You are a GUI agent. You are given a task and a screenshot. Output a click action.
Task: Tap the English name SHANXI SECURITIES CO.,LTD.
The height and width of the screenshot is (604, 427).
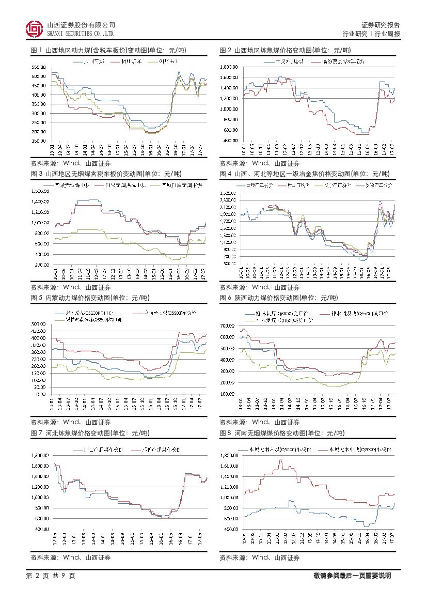pyautogui.click(x=81, y=34)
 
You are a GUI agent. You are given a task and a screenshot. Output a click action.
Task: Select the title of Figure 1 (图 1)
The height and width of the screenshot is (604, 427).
pyautogui.click(x=108, y=51)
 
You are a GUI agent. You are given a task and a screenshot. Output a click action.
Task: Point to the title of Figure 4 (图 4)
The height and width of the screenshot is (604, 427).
pyautogui.click(x=305, y=173)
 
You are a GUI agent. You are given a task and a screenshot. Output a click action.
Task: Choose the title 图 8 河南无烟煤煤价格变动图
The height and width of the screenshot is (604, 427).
pyautogui.click(x=282, y=433)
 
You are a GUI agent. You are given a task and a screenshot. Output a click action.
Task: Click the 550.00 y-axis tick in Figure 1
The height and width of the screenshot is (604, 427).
pyautogui.click(x=39, y=67)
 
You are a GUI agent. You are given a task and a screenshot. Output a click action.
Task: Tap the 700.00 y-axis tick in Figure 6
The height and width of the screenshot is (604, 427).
pyautogui.click(x=228, y=326)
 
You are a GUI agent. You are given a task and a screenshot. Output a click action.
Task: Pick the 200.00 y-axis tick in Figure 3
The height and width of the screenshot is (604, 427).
pyautogui.click(x=39, y=265)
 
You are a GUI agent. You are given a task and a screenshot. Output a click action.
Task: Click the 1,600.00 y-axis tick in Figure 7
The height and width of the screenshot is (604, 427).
pyautogui.click(x=39, y=466)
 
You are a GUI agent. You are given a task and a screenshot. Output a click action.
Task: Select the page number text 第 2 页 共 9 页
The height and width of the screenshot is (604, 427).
pyautogui.click(x=51, y=576)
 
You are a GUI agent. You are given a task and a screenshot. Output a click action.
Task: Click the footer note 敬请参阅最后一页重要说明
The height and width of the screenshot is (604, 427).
pyautogui.click(x=352, y=576)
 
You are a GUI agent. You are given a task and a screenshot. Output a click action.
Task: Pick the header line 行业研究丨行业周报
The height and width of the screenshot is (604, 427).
pyautogui.click(x=372, y=34)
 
